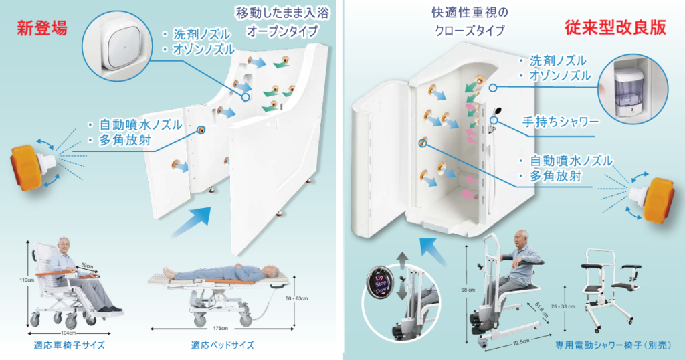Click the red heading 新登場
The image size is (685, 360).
click(x=42, y=29)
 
